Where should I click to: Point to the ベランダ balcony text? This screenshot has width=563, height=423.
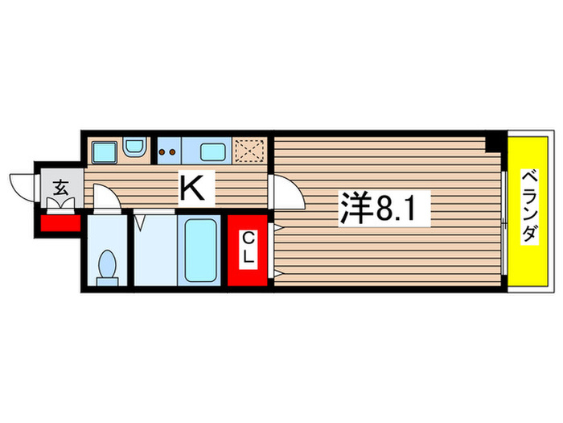[x=528, y=207]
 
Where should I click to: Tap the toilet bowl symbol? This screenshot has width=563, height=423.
[x=105, y=267]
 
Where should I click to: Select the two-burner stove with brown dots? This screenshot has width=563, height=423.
[x=169, y=151]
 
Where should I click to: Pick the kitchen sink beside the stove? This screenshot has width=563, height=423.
[x=212, y=151]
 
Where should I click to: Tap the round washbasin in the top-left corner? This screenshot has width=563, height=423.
[x=134, y=150]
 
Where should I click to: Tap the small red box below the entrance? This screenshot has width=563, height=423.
[x=56, y=222]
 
